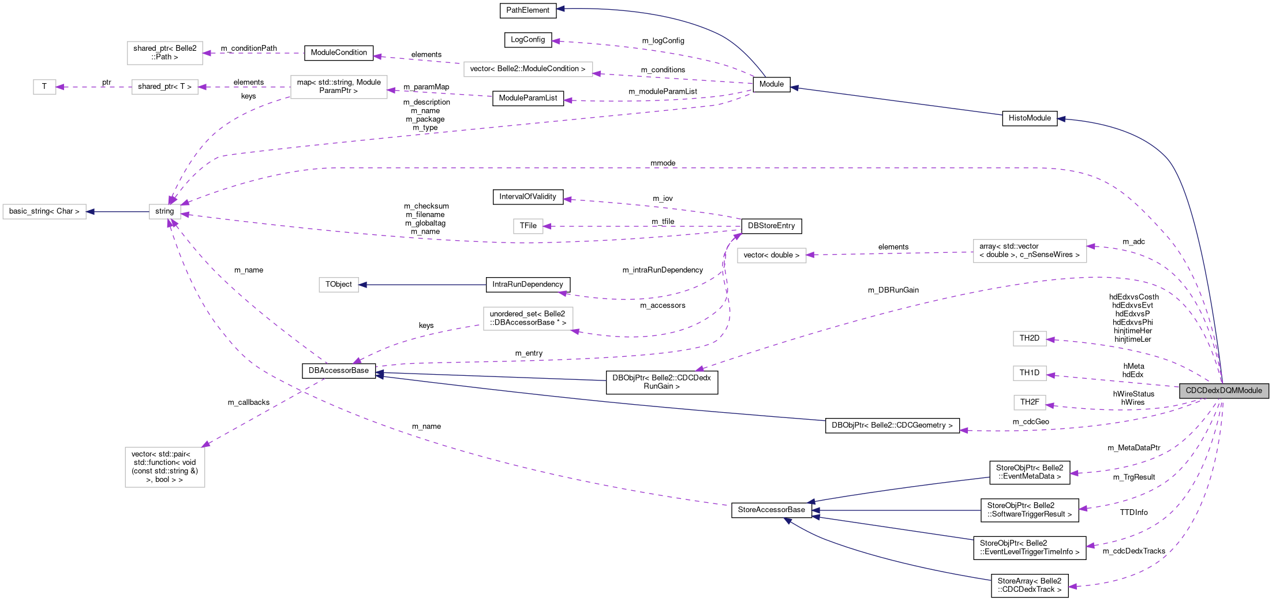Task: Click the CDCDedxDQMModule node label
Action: point(1224,391)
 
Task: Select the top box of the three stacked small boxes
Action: point(1030,339)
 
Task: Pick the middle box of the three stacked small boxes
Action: point(1030,374)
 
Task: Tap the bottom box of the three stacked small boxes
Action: point(1030,402)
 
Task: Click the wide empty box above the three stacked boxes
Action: point(1030,251)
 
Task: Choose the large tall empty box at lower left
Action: point(165,467)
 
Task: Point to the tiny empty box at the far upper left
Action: point(44,87)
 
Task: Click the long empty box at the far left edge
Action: point(44,212)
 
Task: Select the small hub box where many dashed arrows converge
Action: point(165,212)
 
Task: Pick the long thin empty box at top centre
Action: point(528,69)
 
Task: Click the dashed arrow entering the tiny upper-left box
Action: point(92,87)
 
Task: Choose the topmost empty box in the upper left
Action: point(165,53)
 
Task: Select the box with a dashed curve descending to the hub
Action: point(339,87)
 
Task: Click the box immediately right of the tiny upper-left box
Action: point(165,87)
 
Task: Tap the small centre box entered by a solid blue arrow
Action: point(339,285)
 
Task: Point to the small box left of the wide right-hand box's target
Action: point(528,226)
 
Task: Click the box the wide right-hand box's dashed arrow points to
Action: point(772,255)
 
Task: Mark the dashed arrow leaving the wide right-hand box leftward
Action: point(889,253)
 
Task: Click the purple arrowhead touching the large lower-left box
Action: point(205,445)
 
